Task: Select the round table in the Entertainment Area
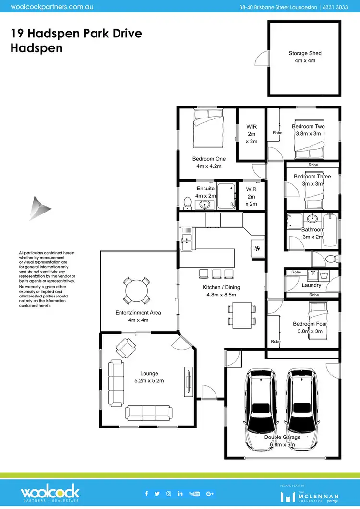[x=136, y=291]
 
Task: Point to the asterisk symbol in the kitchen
[x=257, y=249]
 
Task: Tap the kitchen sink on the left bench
[x=186, y=238]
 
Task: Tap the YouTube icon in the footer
[x=194, y=493]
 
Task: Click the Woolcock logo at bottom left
[x=49, y=493]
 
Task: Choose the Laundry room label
[x=312, y=285]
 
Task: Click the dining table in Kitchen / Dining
[x=241, y=314]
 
